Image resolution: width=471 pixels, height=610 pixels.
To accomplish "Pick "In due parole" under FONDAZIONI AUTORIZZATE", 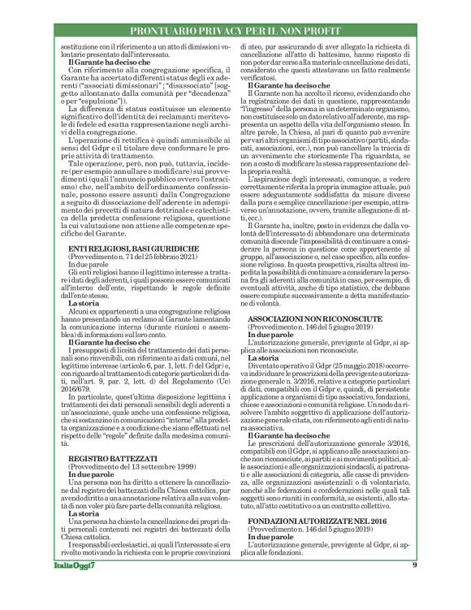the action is pyautogui.click(x=272, y=536).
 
